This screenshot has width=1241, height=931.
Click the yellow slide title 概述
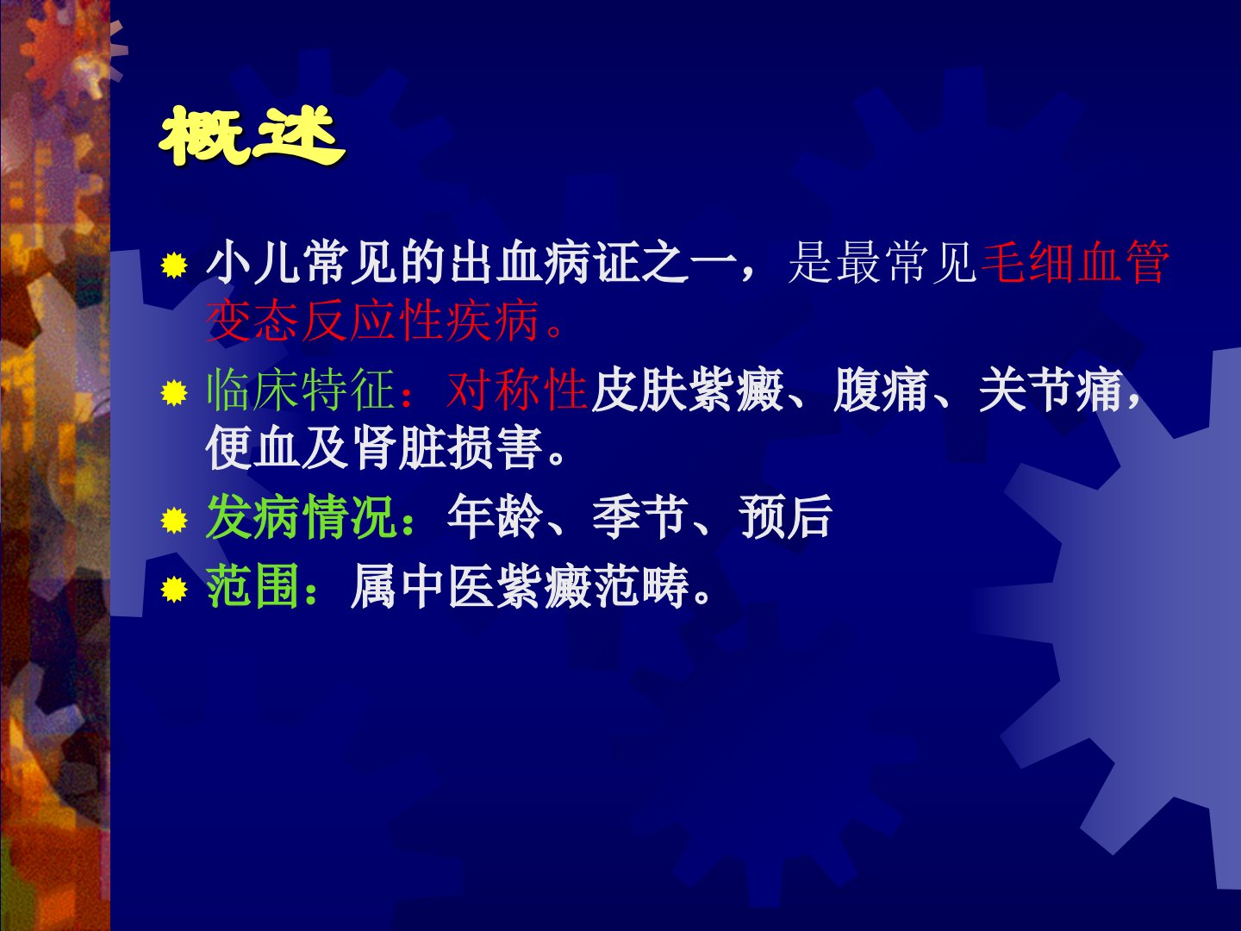click(251, 136)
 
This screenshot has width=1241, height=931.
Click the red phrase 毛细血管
click(1075, 263)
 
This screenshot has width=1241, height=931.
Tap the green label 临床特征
click(300, 390)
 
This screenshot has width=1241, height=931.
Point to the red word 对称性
click(516, 390)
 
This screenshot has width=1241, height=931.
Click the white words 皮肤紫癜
click(686, 390)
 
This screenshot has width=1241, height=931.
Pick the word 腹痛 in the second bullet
click(880, 390)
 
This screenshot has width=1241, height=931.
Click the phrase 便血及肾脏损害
click(372, 448)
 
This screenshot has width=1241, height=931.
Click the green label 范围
click(253, 587)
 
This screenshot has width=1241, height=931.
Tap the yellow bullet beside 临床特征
click(173, 392)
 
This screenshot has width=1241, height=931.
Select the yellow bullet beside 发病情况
click(173, 520)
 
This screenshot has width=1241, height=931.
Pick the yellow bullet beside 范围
click(173, 590)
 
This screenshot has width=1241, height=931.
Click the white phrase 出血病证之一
click(594, 263)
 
